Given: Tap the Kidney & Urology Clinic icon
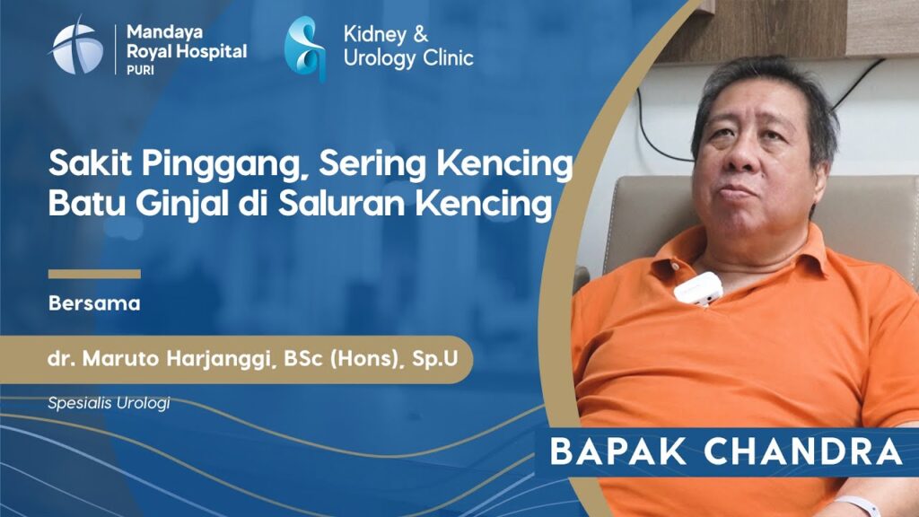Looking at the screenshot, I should (305, 48).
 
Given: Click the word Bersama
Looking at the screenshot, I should (94, 303).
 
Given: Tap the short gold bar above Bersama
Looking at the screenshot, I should (94, 274).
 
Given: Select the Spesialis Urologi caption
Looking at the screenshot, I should (109, 403).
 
